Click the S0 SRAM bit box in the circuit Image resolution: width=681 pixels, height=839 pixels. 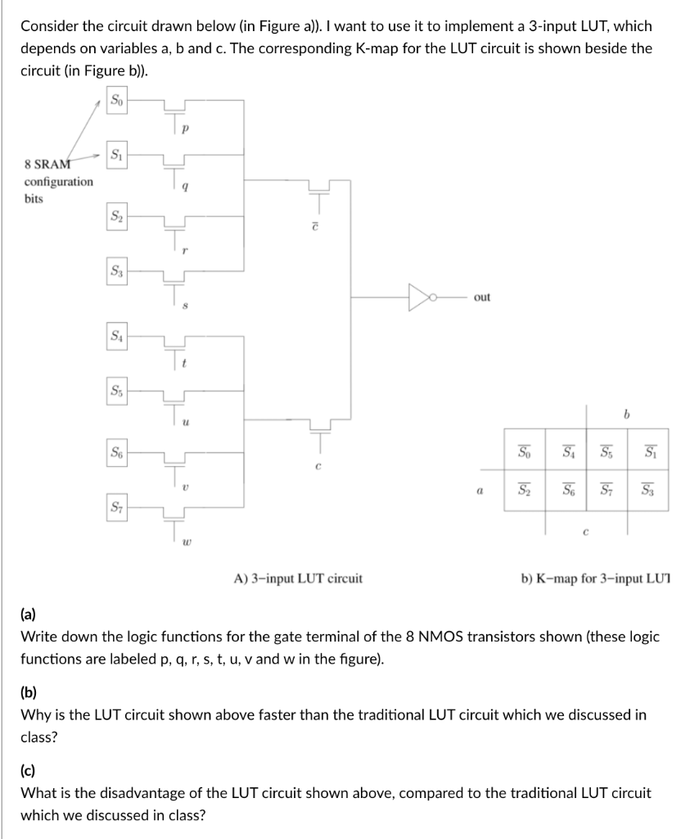click(119, 100)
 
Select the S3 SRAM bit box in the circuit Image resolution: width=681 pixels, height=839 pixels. click(119, 270)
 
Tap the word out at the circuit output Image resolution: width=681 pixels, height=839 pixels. click(481, 297)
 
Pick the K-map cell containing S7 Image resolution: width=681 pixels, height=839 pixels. click(607, 490)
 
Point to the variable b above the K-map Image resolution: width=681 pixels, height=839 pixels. click(626, 415)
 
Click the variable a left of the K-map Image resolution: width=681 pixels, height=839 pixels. click(477, 491)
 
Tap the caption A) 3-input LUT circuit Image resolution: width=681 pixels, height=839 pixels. click(298, 578)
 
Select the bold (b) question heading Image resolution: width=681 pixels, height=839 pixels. click(29, 692)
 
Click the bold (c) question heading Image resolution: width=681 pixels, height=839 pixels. click(29, 770)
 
